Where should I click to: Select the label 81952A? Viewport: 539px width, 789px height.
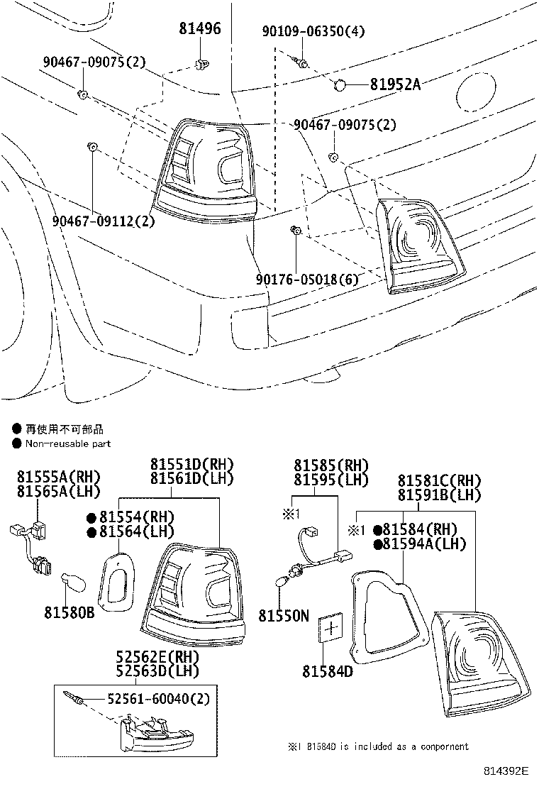394,84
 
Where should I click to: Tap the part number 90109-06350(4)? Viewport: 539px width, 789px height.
313,31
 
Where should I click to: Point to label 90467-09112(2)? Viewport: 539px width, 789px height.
103,221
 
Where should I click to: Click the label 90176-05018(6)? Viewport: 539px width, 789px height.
307,279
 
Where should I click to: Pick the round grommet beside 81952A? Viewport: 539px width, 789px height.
340,85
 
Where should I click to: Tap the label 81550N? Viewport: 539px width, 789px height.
284,615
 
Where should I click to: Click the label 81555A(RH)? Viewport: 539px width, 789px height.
60,476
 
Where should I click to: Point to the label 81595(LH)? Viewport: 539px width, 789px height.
332,480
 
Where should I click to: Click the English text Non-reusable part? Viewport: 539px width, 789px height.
67,443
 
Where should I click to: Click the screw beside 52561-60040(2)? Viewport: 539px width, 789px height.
74,698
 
